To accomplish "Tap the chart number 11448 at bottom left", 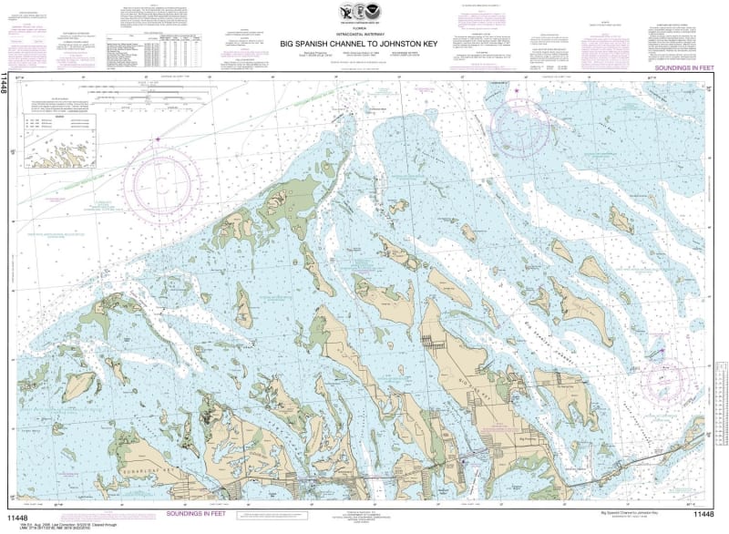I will click(x=18, y=514).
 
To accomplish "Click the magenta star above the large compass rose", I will click(x=158, y=139).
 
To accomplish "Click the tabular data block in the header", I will click(x=153, y=50).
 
